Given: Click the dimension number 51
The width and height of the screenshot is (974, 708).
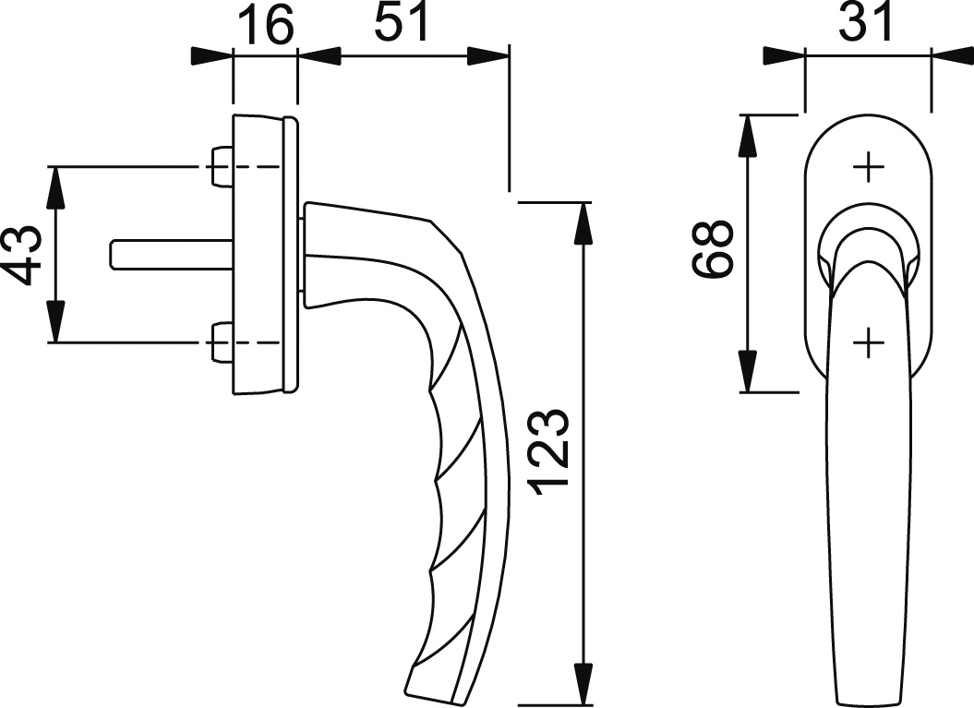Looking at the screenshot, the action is coord(401,24).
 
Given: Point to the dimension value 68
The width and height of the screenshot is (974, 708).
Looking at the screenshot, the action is coord(713,248).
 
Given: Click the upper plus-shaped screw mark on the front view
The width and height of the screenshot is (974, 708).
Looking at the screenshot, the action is coord(868,168).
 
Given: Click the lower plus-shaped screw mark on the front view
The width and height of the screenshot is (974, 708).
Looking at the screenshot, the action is coord(868,342).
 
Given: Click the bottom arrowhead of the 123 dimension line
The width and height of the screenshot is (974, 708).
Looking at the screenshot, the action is coord(583,684).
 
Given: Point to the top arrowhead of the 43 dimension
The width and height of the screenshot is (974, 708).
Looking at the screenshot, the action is coord(56,189).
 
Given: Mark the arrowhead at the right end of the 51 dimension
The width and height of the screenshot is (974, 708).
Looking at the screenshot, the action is coord(487,56).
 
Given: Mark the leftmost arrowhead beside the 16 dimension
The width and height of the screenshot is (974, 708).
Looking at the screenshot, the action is coord(211,56).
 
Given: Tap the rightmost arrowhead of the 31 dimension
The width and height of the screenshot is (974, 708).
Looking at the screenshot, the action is coord(952,56).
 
